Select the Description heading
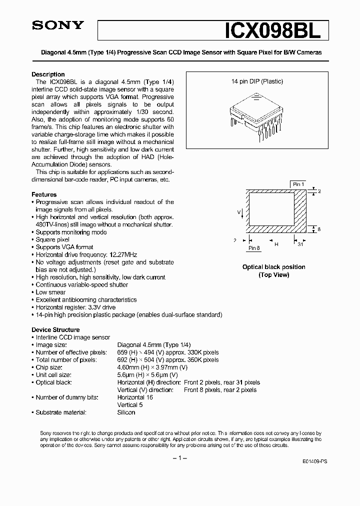[48, 74]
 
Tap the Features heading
[44, 194]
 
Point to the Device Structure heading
[55, 329]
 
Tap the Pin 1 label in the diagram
[298, 184]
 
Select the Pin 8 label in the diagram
[254, 247]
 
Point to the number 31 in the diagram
[300, 244]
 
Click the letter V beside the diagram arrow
[238, 212]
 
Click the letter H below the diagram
[276, 244]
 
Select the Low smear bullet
[50, 292]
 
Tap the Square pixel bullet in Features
[52, 239]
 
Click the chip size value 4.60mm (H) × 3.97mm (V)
[152, 367]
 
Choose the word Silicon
[126, 412]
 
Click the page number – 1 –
[180, 458]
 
